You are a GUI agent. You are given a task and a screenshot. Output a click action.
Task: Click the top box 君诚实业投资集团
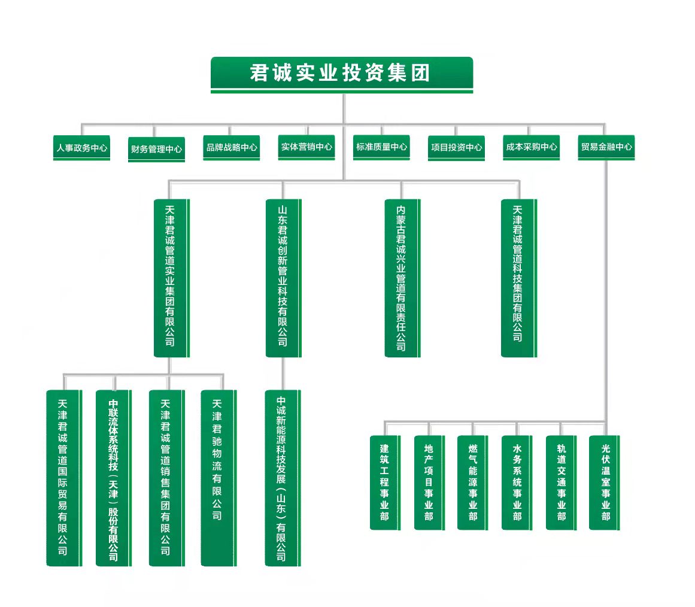342,74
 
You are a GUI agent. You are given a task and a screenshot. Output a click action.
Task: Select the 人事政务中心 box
81,148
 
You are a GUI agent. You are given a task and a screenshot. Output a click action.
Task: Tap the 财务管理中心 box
156,150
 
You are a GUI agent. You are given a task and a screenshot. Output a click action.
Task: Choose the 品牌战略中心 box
232,148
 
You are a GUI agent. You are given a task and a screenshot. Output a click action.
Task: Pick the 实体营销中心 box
306,147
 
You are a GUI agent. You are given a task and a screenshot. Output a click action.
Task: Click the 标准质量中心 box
381,147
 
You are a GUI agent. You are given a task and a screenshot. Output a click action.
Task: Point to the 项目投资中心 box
456,148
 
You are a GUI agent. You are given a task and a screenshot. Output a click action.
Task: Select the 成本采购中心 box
531,147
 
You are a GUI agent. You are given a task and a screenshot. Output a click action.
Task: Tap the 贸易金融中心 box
606,147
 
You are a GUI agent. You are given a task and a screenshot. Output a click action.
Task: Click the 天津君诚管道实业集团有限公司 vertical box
172,278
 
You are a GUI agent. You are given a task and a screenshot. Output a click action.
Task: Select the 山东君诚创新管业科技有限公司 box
284,278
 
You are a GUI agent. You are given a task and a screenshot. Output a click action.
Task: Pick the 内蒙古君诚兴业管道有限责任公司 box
402,278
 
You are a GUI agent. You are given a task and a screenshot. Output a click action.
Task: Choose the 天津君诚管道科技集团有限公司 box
519,278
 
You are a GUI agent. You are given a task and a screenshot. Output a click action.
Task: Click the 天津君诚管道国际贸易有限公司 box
64,478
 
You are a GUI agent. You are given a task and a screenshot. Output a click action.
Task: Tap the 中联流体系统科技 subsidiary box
114,478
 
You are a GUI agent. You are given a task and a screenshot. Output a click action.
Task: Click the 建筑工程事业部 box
385,482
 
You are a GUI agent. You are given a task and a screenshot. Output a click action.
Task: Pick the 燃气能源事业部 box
473,482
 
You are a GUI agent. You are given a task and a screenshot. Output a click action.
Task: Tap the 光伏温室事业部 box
605,482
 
